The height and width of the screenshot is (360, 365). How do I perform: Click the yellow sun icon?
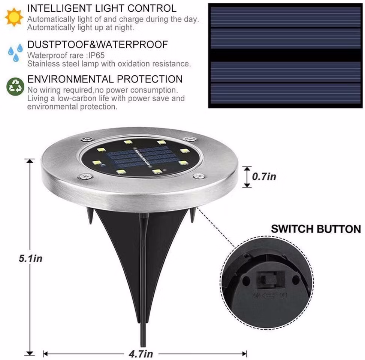14,17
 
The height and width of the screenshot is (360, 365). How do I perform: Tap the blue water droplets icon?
16,52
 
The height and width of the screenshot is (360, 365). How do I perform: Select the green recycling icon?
15,87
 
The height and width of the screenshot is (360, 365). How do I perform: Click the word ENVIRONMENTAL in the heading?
70,79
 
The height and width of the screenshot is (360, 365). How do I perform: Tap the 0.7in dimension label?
264,177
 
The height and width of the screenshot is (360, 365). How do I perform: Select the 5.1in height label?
30,258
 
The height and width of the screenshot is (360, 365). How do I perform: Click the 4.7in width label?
141,354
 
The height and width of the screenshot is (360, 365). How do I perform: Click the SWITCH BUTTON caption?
316,229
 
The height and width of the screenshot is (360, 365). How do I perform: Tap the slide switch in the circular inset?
271,280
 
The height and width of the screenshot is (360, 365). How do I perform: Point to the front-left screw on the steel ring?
86,176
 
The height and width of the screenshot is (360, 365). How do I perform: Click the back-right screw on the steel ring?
190,139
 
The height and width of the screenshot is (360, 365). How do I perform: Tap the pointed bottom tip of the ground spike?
143,346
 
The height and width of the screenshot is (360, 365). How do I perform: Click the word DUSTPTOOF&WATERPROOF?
97,45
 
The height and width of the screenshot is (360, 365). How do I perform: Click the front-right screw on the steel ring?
199,176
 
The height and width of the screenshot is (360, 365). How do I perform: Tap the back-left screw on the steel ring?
88,139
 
